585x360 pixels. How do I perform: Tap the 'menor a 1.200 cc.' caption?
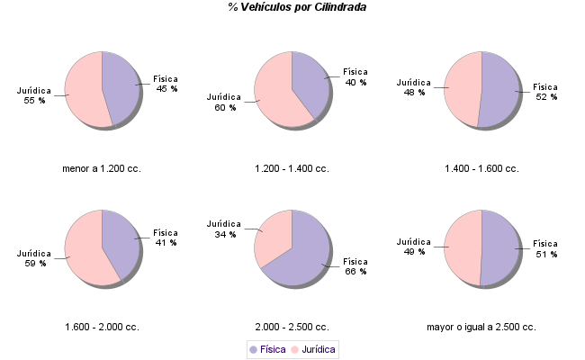[x=102, y=168]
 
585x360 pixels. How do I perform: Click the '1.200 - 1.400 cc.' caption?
[x=292, y=168]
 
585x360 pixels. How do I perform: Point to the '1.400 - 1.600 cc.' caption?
[x=481, y=168]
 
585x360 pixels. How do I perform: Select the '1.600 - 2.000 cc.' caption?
[x=102, y=327]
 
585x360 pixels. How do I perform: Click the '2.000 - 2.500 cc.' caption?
[x=292, y=327]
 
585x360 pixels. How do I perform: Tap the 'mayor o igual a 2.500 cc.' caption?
[x=481, y=327]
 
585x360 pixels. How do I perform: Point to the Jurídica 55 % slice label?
[x=34, y=95]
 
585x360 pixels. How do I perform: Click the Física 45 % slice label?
[x=166, y=84]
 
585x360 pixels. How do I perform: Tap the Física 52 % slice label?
[x=545, y=92]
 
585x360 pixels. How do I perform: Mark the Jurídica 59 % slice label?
[x=34, y=258]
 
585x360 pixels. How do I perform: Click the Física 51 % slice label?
[x=545, y=248]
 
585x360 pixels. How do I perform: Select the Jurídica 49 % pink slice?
[x=462, y=247]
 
